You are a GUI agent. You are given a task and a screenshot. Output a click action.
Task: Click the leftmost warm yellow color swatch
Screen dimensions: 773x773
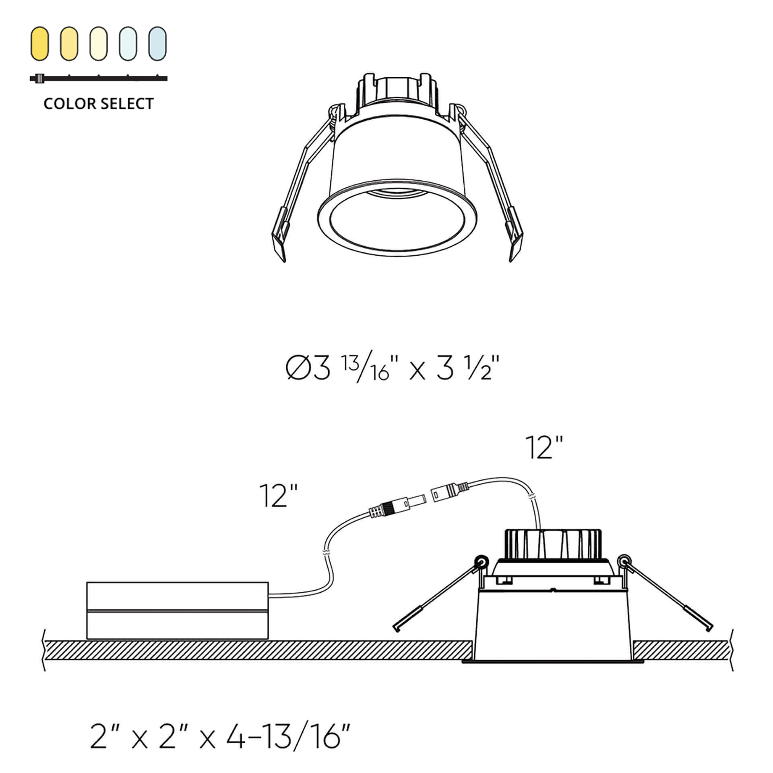39,44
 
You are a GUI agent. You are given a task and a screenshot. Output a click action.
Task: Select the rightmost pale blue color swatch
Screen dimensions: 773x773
157,44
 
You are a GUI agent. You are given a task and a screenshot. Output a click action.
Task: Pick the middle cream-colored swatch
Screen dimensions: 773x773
99,44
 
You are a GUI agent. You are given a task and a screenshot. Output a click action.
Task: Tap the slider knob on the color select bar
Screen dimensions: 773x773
39,78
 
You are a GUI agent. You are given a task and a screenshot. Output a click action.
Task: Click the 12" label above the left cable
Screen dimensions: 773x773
279,496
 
